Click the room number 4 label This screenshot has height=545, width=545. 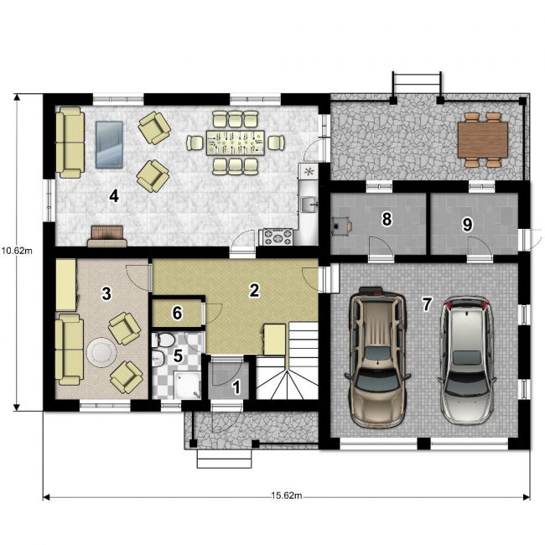114,197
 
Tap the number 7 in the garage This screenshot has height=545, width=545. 427,304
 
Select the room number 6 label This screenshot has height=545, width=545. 177,314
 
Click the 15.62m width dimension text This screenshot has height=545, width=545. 287,496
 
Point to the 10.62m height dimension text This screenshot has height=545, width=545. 16,251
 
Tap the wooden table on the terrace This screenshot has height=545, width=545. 483,140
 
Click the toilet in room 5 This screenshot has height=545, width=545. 163,340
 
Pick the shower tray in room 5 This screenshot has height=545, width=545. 188,384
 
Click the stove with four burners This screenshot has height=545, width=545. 278,237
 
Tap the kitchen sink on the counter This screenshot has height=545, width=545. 309,205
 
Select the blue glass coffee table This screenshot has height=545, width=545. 109,144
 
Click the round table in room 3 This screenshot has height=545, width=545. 101,352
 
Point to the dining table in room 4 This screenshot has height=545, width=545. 236,143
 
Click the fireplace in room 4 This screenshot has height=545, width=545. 107,236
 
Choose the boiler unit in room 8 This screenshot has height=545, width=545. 341,224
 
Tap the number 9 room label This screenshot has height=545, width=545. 468,225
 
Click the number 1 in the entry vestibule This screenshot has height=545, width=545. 236,387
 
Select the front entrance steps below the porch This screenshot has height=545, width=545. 224,459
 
